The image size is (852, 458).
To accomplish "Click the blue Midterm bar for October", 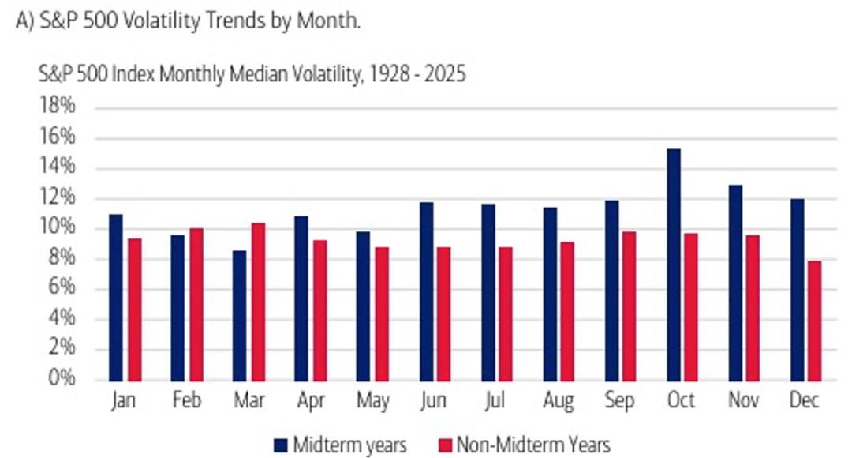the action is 674,265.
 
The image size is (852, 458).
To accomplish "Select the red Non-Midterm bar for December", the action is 814,321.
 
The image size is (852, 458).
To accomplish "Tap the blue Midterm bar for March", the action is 239,316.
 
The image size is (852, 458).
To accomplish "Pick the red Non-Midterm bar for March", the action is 258,302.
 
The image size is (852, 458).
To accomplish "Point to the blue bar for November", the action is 736,283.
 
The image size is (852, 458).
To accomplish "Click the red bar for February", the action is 196,305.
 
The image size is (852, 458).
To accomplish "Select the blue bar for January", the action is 116,298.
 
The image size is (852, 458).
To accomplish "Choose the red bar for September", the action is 630,306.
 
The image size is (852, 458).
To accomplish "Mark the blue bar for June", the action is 427,291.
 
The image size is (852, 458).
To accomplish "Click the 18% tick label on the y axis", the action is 57,106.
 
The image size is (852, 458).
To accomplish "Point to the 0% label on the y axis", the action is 62,377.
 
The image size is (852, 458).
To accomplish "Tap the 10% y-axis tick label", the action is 57,227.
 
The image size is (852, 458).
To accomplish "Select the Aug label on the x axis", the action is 558,401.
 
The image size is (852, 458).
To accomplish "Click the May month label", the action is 372,401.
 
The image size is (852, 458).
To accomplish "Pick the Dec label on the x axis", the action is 804,400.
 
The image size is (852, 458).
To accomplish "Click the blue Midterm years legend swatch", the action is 280,445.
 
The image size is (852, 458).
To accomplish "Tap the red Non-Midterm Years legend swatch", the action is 445,445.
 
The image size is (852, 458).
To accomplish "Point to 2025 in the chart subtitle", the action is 445,74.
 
